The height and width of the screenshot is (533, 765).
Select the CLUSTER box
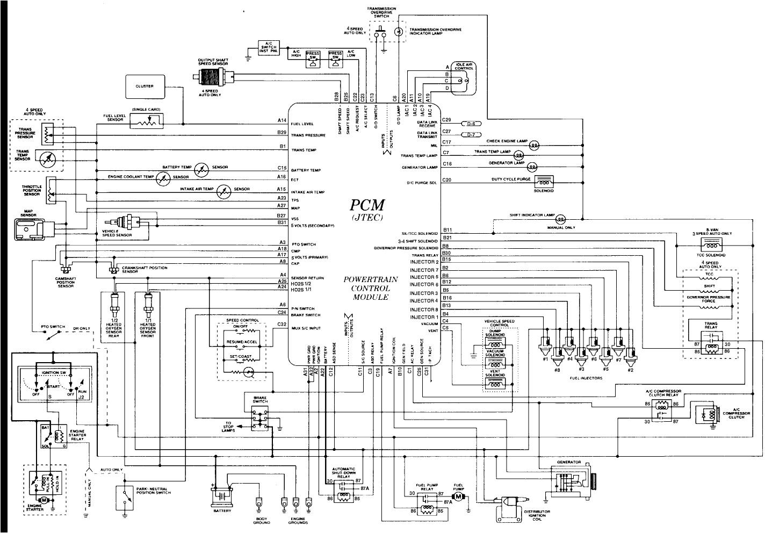point(145,86)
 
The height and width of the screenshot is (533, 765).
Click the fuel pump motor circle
point(458,497)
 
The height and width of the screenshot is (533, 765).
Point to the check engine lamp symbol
point(534,145)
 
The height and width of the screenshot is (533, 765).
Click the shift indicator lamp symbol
point(560,219)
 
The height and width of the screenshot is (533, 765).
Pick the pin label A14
point(282,120)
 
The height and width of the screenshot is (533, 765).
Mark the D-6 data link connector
point(471,123)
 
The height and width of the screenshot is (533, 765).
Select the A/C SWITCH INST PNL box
point(268,47)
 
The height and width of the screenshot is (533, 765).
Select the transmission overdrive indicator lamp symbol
point(398,32)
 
